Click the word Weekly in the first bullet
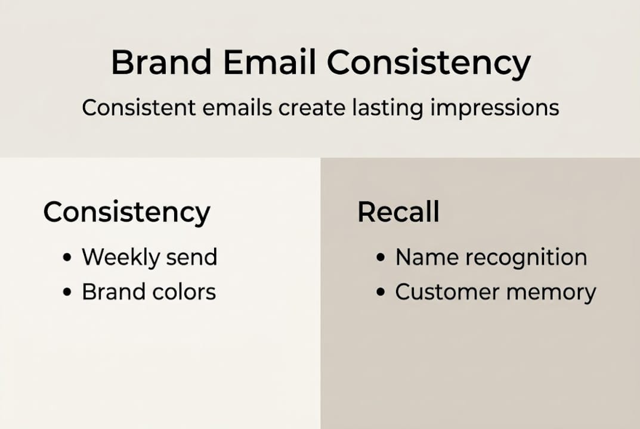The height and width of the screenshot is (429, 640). click(121, 257)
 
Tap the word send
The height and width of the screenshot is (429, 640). click(192, 257)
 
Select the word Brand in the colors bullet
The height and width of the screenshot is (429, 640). click(112, 292)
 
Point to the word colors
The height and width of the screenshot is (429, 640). click(182, 292)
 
